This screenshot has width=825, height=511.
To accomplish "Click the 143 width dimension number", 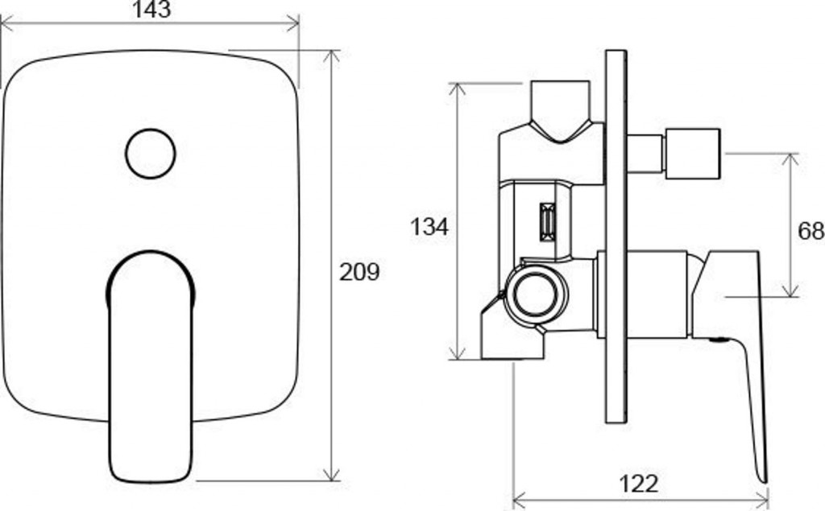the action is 151,10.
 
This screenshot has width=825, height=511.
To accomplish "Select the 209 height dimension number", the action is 359,272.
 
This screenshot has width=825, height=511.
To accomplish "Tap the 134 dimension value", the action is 429,227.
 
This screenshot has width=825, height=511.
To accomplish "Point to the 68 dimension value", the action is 810,230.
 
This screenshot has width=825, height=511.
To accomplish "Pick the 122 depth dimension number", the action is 638,484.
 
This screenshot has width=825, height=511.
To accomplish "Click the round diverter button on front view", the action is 151,154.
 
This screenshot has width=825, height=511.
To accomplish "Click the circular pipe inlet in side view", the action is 536,295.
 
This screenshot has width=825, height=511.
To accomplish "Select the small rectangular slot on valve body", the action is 548,222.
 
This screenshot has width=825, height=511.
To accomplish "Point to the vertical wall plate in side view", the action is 616,236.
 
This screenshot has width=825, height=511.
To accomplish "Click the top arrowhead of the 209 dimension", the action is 331,56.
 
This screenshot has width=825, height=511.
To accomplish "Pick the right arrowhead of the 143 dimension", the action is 293,23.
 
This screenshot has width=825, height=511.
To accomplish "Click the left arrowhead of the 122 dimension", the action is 518,497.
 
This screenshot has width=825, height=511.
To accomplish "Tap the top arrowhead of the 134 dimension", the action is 458,89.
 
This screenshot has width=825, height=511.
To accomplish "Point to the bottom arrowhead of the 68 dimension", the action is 790,291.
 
